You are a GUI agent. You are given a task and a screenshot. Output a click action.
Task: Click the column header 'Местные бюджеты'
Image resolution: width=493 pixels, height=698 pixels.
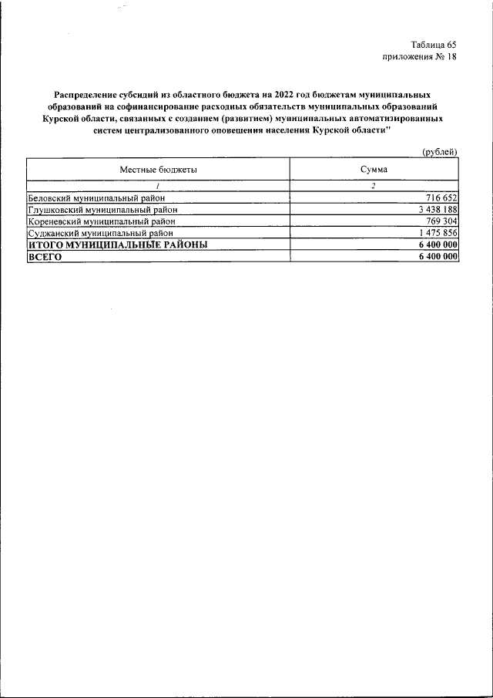click(158, 169)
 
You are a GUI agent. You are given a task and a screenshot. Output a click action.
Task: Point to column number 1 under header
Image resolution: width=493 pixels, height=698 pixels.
click(158, 185)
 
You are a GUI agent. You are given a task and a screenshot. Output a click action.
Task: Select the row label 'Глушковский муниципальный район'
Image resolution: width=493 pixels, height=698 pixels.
click(102, 210)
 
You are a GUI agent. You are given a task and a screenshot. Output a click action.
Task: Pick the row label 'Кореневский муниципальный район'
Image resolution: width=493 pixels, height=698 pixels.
click(101, 221)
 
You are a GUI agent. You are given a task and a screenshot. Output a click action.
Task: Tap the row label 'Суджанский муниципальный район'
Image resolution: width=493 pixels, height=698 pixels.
click(100, 232)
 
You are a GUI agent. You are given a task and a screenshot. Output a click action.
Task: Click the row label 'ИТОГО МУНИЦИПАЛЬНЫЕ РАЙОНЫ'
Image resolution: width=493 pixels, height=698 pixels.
click(117, 244)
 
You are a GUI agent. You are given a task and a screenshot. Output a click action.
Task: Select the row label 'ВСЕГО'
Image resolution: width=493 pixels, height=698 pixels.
click(44, 256)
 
